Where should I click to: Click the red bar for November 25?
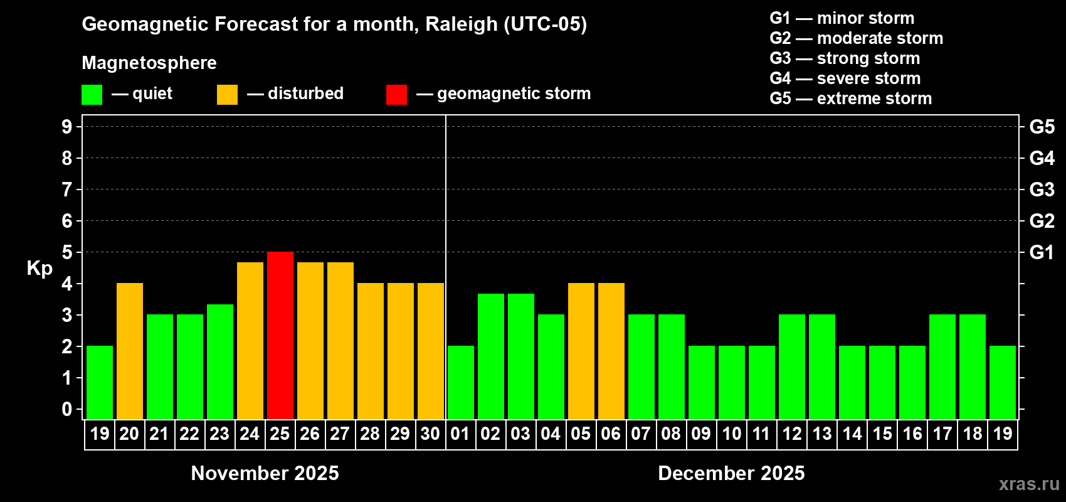pyautogui.click(x=280, y=335)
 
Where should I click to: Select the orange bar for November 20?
pyautogui.click(x=130, y=351)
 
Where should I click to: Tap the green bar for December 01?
pyautogui.click(x=461, y=382)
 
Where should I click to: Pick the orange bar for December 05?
pyautogui.click(x=581, y=351)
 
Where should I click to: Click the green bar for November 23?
pyautogui.click(x=220, y=361)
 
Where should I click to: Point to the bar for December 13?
pyautogui.click(x=822, y=366)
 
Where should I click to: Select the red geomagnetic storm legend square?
pyautogui.click(x=396, y=95)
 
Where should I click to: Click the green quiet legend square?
pyautogui.click(x=92, y=95)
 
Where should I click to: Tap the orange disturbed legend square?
pyautogui.click(x=227, y=95)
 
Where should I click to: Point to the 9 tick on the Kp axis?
pyautogui.click(x=67, y=127)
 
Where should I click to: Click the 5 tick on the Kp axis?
pyautogui.click(x=67, y=252)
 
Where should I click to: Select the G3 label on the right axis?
pyautogui.click(x=1042, y=190)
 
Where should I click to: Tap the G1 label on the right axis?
pyautogui.click(x=1042, y=252)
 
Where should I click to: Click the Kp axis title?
pyautogui.click(x=40, y=269)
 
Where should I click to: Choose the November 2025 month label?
pyautogui.click(x=265, y=473)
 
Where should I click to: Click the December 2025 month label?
pyautogui.click(x=731, y=473)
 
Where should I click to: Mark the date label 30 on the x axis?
pyautogui.click(x=430, y=434)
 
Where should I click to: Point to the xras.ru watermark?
pyautogui.click(x=1029, y=484)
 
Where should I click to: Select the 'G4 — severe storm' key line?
pyautogui.click(x=845, y=78)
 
